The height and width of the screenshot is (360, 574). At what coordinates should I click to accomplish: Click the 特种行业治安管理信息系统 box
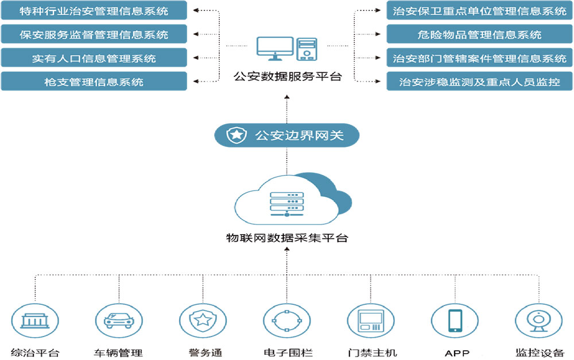coord(94,11)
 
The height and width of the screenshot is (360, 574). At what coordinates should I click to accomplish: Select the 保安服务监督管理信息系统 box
coord(94,34)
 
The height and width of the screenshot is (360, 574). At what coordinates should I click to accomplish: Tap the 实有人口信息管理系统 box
coord(94,58)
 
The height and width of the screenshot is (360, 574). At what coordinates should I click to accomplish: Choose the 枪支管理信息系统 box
coord(94,82)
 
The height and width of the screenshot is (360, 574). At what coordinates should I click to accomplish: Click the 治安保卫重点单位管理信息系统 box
coord(479,11)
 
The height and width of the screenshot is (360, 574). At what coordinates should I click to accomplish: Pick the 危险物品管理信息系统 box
coord(479,34)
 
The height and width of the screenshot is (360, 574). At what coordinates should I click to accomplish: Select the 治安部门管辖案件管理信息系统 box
coord(479,58)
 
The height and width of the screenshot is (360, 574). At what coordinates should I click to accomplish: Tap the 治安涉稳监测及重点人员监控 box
coord(479,82)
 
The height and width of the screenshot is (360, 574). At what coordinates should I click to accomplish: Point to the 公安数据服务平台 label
coord(287,76)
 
